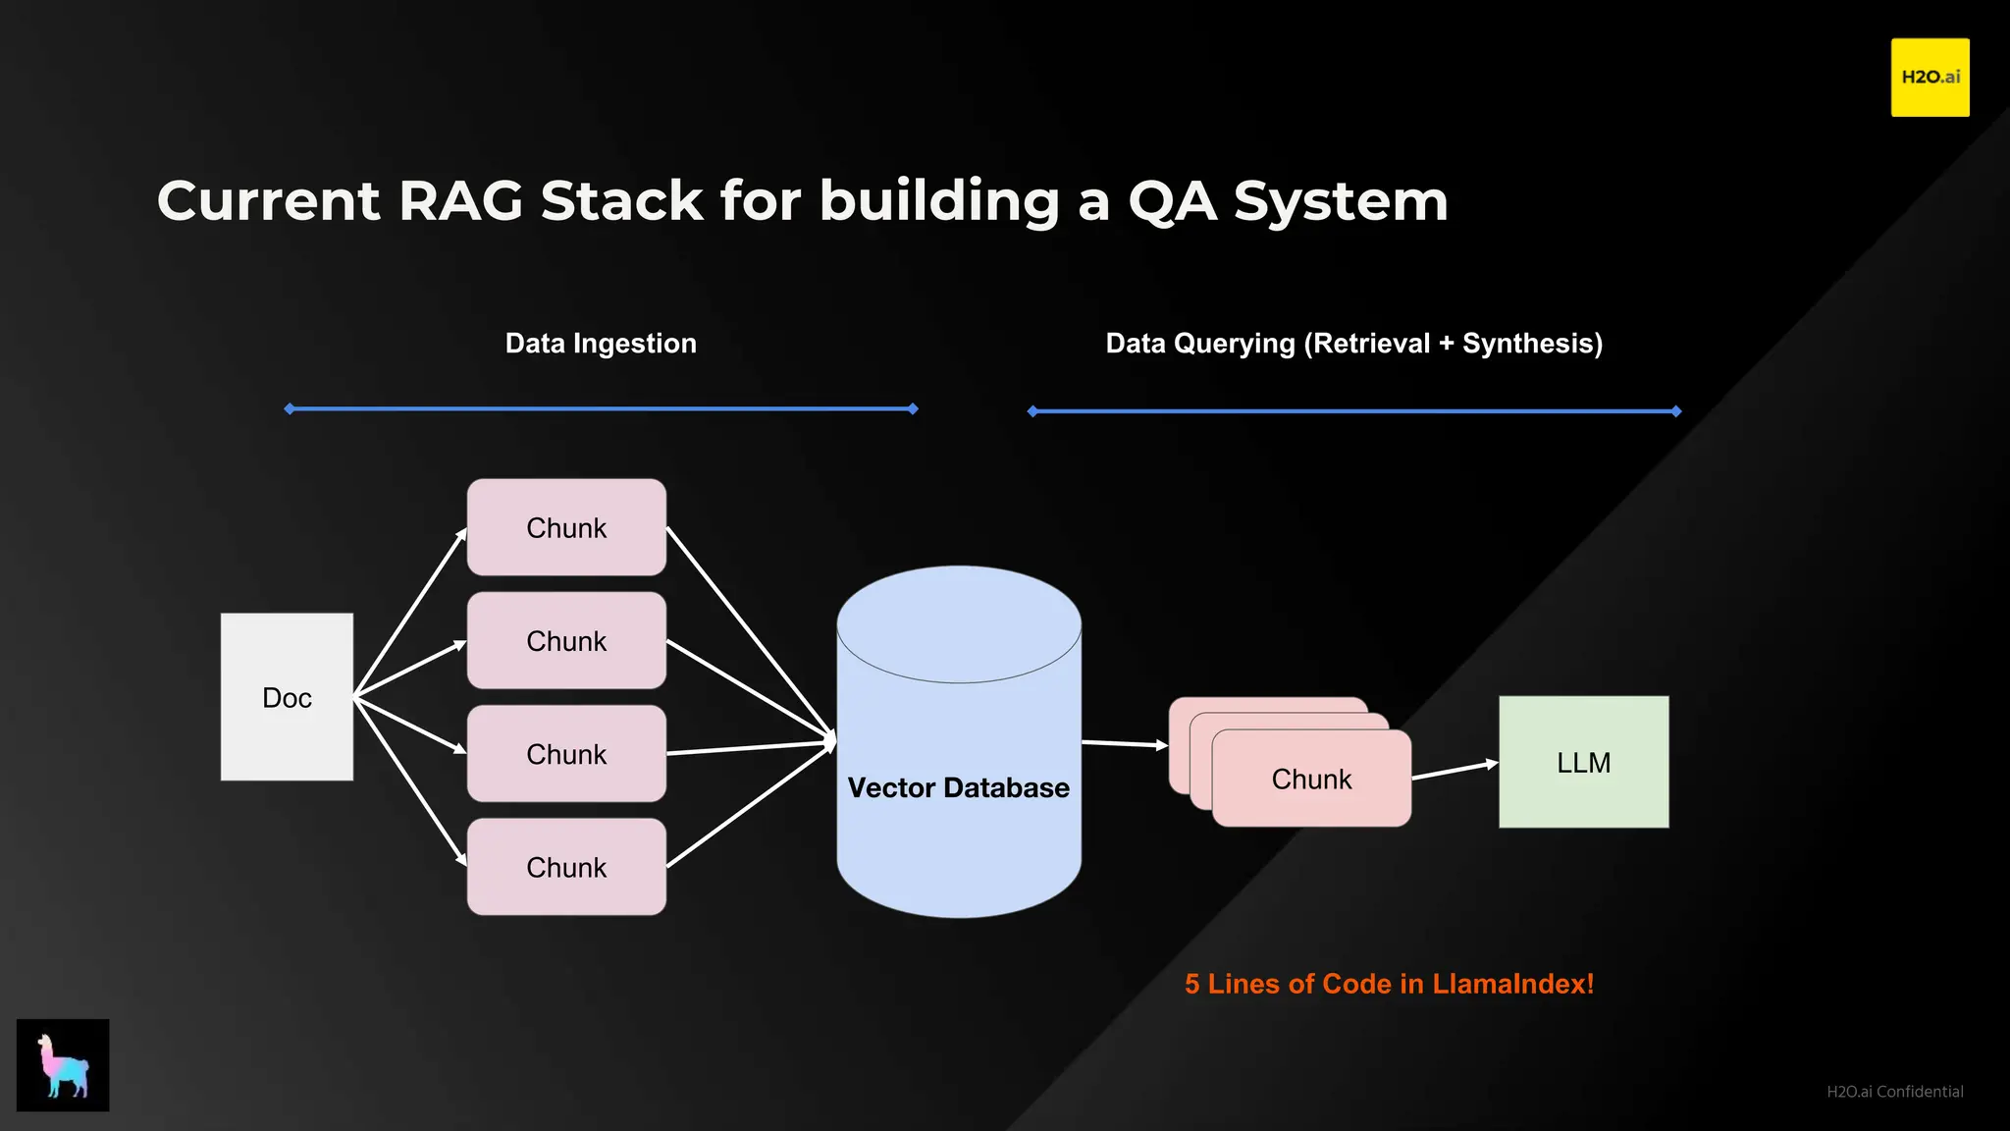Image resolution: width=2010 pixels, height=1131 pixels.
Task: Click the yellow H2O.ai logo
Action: click(x=1930, y=78)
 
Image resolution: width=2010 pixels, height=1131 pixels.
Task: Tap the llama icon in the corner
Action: click(x=63, y=1064)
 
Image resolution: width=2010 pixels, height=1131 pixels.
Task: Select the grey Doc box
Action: click(x=287, y=697)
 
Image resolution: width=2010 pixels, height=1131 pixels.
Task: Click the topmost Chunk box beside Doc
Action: click(x=566, y=527)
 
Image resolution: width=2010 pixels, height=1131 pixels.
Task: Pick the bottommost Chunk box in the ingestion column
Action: click(x=566, y=867)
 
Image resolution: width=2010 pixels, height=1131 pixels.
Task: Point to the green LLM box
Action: click(x=1583, y=762)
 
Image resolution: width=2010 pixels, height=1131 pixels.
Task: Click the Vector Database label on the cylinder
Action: click(x=958, y=787)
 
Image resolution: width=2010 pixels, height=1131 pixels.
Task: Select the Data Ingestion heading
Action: click(x=601, y=343)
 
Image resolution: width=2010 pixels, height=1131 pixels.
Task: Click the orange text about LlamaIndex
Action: click(x=1389, y=984)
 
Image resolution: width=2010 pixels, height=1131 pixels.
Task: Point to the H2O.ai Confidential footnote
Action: click(x=1894, y=1092)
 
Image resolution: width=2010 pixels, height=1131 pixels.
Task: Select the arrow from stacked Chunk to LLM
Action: click(x=1455, y=770)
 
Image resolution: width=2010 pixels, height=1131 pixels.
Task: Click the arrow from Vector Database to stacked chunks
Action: click(x=1125, y=744)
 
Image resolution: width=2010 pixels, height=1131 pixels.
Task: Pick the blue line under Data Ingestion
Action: click(x=601, y=408)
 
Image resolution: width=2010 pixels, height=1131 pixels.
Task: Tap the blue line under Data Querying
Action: click(x=1354, y=411)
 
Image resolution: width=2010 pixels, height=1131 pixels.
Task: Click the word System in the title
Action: click(x=1341, y=201)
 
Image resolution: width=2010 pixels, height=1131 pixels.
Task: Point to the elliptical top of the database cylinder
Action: click(x=959, y=624)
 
